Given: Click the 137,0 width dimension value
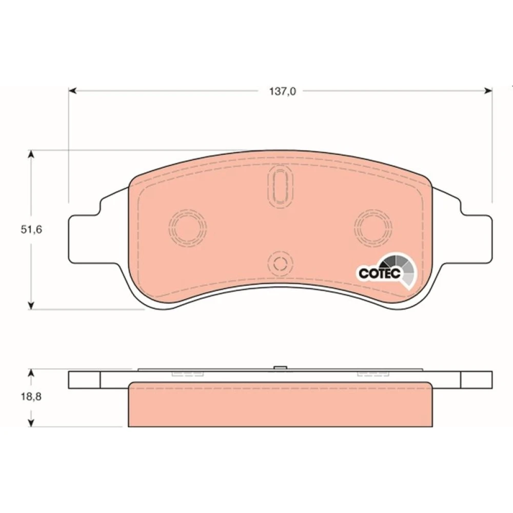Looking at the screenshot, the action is pyautogui.click(x=282, y=91).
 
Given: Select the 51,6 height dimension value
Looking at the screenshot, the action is pyautogui.click(x=31, y=230).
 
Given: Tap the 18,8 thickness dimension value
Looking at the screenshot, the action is pyautogui.click(x=31, y=397).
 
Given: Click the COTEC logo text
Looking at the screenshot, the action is pyautogui.click(x=380, y=273).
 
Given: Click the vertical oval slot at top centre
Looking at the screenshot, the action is pyautogui.click(x=281, y=186).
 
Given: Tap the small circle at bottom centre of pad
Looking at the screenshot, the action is pyautogui.click(x=280, y=263).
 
